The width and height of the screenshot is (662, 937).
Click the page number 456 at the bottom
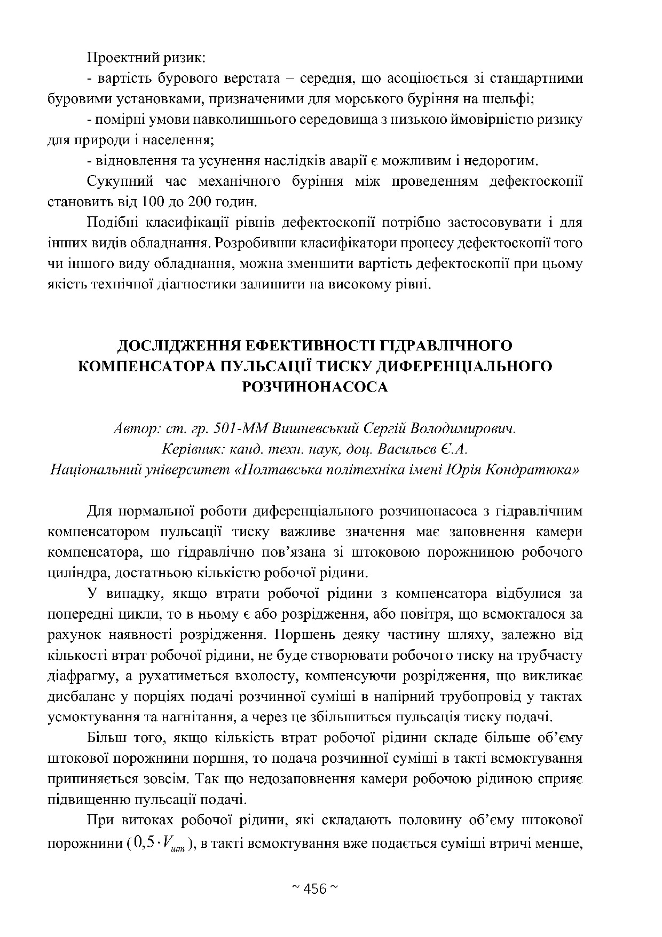(x=314, y=889)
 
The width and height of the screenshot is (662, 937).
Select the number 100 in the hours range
(x=153, y=202)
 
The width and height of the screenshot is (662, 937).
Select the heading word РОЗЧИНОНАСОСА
(x=314, y=386)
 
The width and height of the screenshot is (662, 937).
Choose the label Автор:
(x=135, y=429)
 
